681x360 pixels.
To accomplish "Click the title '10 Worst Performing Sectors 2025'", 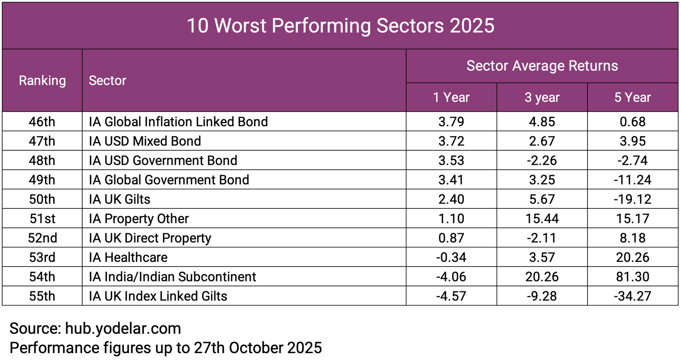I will coord(340,25).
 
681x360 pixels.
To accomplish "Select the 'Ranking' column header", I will coord(42,81).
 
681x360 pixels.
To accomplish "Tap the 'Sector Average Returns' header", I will coord(542,66).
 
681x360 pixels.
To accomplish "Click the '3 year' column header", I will coord(542,97).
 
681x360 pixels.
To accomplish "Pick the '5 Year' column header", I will coord(633,97).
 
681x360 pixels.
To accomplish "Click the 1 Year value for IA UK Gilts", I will coord(451,199).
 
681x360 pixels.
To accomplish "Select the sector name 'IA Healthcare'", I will coord(128,257).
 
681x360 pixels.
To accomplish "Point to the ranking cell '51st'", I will coord(42,219).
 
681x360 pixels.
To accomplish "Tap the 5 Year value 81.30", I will coord(633,277).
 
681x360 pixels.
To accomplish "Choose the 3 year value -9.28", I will coord(542,296).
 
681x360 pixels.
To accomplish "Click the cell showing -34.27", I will coord(633,296).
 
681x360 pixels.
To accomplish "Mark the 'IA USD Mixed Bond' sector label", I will coord(145,141).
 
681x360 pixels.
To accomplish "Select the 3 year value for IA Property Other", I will coord(542,219).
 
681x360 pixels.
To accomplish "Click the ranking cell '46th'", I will coord(42,122).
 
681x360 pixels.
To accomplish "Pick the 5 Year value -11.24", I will coord(633,180).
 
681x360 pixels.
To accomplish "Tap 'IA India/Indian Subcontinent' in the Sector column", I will coord(173,277).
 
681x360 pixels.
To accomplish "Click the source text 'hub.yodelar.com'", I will coord(123,328).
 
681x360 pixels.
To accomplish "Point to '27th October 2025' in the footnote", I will coord(257,348).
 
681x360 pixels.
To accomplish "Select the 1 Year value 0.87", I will coord(451,238).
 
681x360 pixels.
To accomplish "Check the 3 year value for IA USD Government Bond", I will coord(542,160).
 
